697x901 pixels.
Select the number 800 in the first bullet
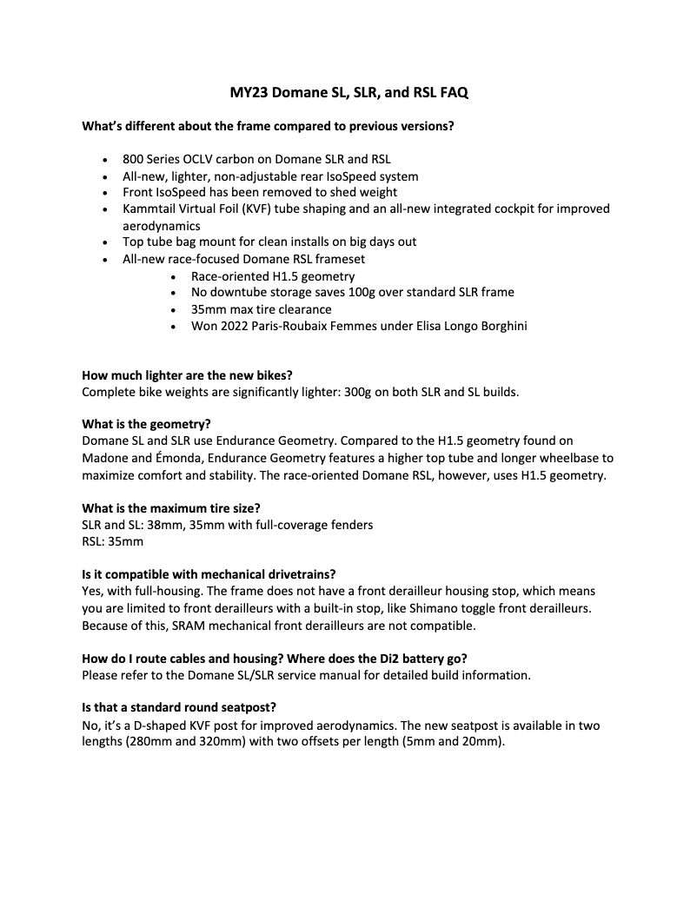click(x=133, y=160)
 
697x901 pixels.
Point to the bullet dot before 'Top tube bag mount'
click(x=104, y=242)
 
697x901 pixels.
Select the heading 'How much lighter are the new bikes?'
click(x=187, y=375)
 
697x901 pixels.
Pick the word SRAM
click(x=171, y=625)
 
